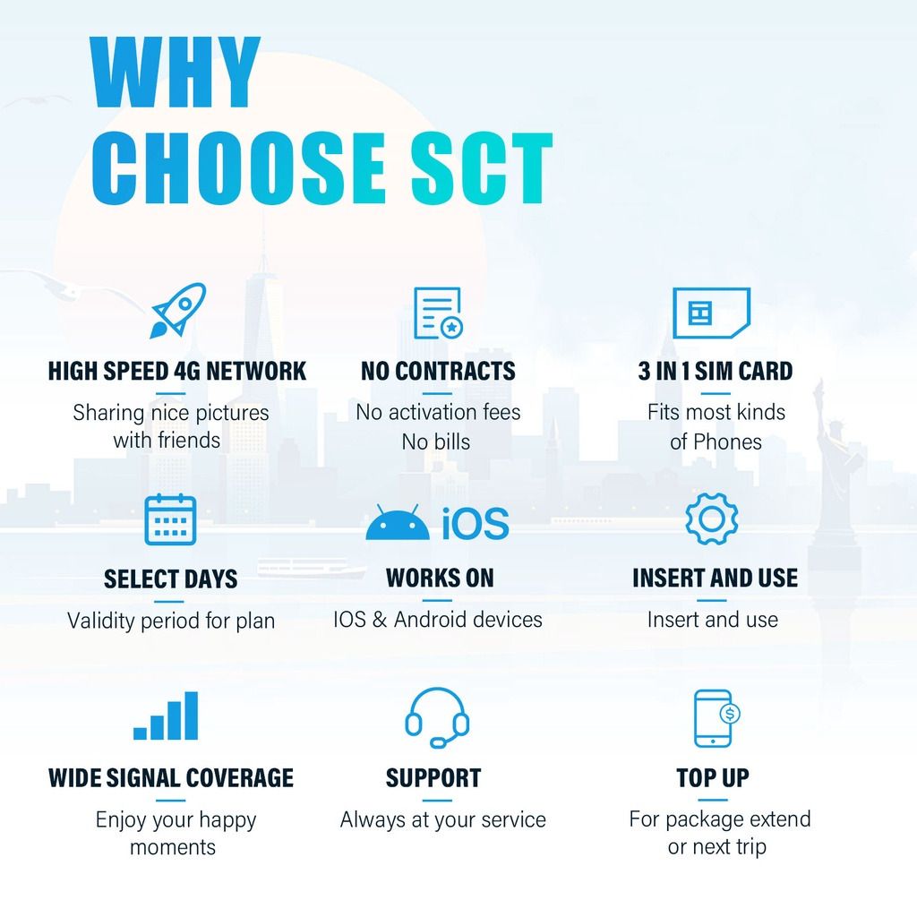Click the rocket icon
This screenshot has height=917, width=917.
tap(178, 311)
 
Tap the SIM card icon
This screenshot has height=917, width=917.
tap(711, 313)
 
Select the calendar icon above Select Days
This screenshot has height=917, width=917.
tap(170, 519)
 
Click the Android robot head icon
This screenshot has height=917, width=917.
tap(398, 522)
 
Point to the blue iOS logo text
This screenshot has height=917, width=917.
tap(476, 523)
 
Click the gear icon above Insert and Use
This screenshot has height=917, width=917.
tap(712, 518)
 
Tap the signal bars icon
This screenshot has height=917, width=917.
tap(166, 716)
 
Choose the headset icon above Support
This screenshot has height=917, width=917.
tap(437, 717)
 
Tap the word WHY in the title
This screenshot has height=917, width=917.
tap(175, 72)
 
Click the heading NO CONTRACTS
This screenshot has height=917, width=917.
tap(438, 371)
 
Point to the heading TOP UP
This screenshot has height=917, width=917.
tap(713, 778)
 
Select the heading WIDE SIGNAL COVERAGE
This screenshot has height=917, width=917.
tap(171, 778)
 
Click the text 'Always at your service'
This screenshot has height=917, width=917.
tap(442, 820)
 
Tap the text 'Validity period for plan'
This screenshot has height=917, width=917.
tap(171, 621)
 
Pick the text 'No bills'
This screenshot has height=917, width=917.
tap(436, 441)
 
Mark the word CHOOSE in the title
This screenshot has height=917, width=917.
tap(238, 168)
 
